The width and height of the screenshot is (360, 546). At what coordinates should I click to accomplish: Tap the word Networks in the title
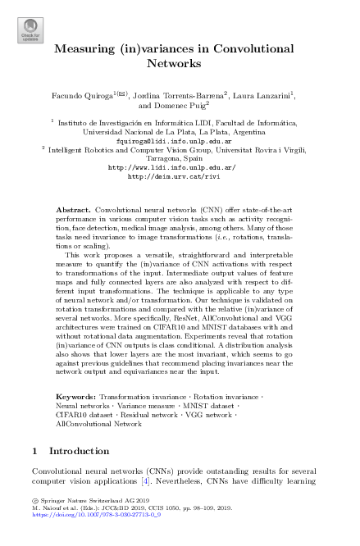[x=179, y=62]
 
